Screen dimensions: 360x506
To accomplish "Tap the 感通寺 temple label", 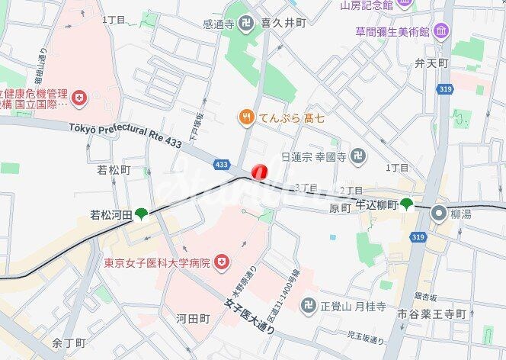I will tap(219, 24).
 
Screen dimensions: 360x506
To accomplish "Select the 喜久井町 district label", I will tap(283, 24).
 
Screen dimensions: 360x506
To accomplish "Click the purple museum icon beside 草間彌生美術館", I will tap(441, 31).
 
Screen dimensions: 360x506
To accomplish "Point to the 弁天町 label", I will tap(431, 63).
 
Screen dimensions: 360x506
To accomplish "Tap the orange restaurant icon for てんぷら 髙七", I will tap(245, 117).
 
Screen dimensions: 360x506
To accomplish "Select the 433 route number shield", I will tap(222, 164).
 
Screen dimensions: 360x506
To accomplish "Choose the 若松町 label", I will tap(114, 170).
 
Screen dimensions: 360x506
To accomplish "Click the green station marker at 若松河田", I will tap(141, 214).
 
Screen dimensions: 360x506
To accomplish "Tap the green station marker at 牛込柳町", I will tap(407, 204).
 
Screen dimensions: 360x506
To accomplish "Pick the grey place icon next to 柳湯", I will tap(438, 214).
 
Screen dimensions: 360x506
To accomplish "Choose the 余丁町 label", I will tap(69, 343).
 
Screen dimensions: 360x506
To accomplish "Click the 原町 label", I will tap(339, 208).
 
